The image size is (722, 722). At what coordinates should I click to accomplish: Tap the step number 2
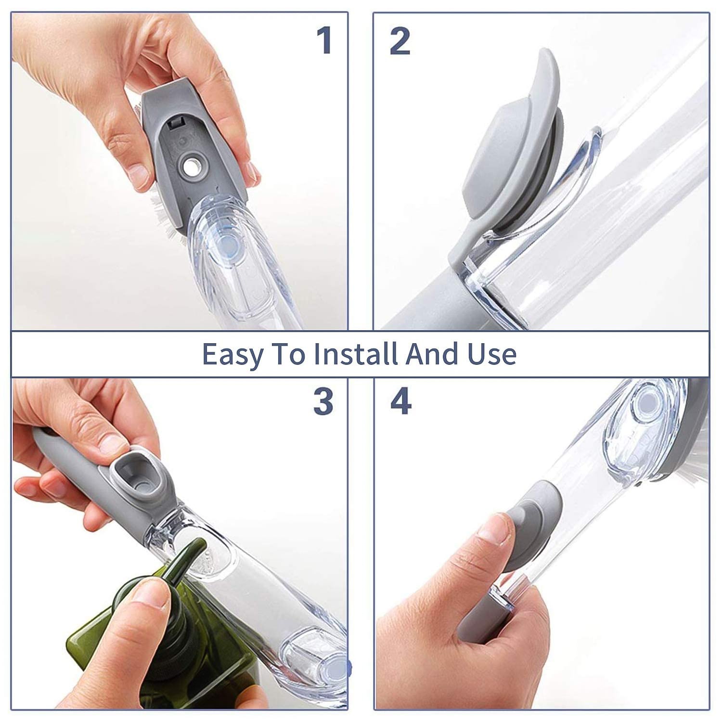point(400,41)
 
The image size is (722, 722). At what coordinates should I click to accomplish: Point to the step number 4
point(400,402)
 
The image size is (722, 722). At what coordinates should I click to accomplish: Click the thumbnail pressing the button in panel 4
point(491,534)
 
